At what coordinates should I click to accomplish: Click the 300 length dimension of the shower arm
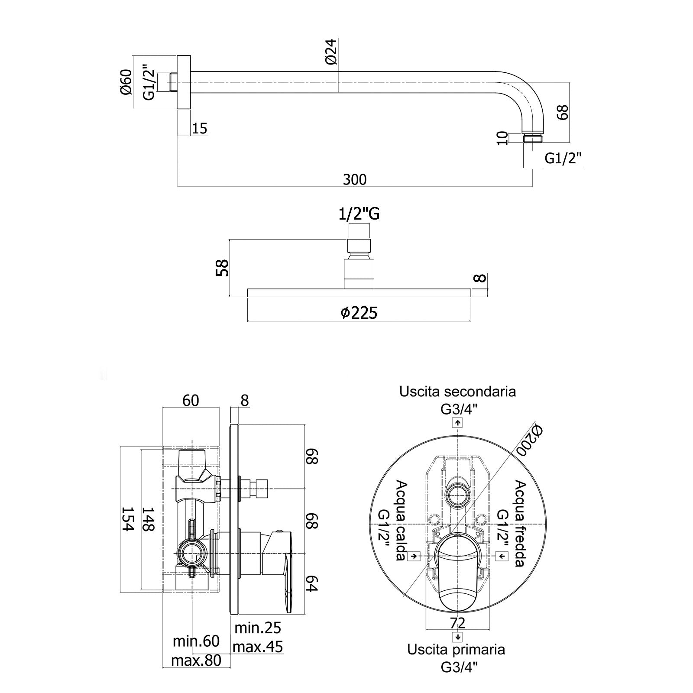point(354,179)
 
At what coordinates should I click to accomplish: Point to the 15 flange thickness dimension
point(199,128)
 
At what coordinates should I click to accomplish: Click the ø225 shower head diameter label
point(359,312)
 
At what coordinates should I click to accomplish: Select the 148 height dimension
point(149,519)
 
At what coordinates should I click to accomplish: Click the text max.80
point(196,661)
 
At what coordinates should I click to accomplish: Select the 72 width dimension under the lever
point(457,623)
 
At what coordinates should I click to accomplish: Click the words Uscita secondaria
point(457,392)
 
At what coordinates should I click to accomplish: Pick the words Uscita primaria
point(456,650)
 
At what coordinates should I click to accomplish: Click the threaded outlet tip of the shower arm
point(533,139)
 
